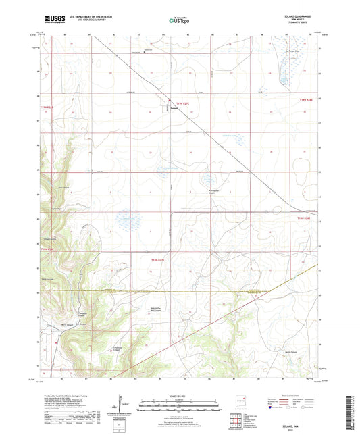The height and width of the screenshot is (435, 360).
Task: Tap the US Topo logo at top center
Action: tap(178, 21)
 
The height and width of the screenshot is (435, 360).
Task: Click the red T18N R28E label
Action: tap(307, 218)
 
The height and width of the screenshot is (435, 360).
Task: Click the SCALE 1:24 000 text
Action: tap(178, 395)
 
